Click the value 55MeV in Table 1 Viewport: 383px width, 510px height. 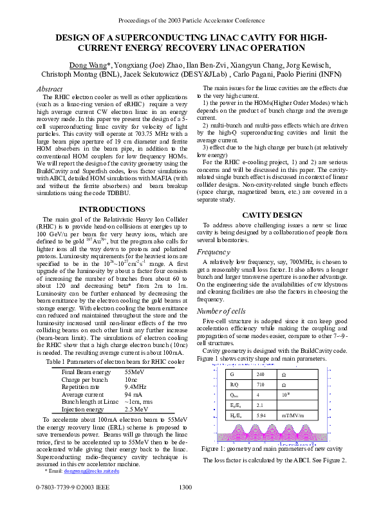click(x=134, y=373)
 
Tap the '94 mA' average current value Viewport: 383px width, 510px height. click(x=134, y=395)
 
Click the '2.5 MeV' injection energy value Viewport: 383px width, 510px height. click(x=136, y=409)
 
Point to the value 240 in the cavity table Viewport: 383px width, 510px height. click(x=260, y=374)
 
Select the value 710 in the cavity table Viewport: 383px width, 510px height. click(x=260, y=384)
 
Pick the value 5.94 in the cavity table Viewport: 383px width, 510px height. click(x=261, y=415)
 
